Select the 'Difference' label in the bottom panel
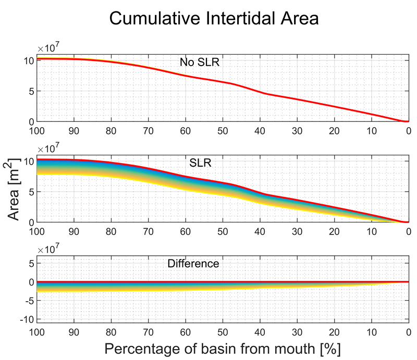click(193, 264)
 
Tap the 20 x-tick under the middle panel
click(334, 231)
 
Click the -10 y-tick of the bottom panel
click(26, 319)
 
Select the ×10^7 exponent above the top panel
click(46, 47)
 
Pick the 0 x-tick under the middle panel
click(408, 231)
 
